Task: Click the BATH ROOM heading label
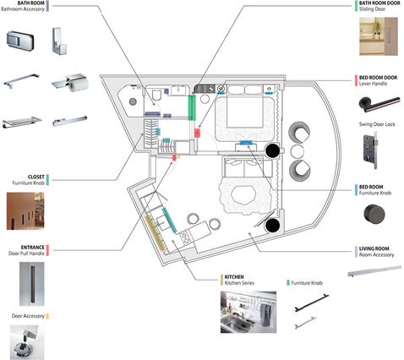click(31, 3)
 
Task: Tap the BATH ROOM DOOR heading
click(379, 3)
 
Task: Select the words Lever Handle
click(373, 84)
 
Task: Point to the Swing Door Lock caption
click(377, 124)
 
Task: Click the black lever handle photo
click(379, 104)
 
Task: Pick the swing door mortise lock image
click(370, 150)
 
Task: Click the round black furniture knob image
click(374, 214)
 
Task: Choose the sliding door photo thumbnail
click(379, 36)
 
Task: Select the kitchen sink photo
click(248, 312)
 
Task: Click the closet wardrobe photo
click(25, 211)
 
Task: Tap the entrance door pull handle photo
click(32, 284)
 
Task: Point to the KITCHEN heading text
click(234, 277)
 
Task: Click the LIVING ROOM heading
click(374, 248)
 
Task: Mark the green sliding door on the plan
click(192, 107)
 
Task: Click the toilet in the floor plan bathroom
click(156, 95)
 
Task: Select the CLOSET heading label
click(36, 177)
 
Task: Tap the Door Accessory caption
click(28, 316)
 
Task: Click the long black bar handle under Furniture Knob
click(312, 303)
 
